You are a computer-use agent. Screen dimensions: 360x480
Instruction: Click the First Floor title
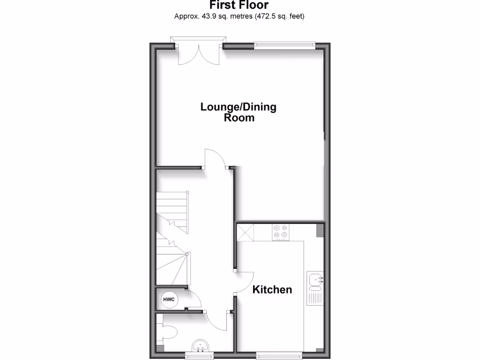[x=239, y=6]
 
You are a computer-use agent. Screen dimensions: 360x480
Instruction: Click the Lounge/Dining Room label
[x=239, y=112]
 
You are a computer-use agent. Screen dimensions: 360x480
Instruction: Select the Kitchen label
[x=272, y=290]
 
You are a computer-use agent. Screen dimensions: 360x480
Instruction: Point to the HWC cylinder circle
[x=168, y=299]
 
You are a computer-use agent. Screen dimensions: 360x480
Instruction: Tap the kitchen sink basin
[x=315, y=280]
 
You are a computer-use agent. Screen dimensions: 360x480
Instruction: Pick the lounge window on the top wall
[x=285, y=45]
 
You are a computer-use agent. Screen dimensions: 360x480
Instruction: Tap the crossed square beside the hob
[x=245, y=232]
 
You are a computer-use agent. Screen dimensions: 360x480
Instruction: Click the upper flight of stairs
[x=172, y=209]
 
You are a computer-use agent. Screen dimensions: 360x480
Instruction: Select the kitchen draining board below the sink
[x=315, y=297]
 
